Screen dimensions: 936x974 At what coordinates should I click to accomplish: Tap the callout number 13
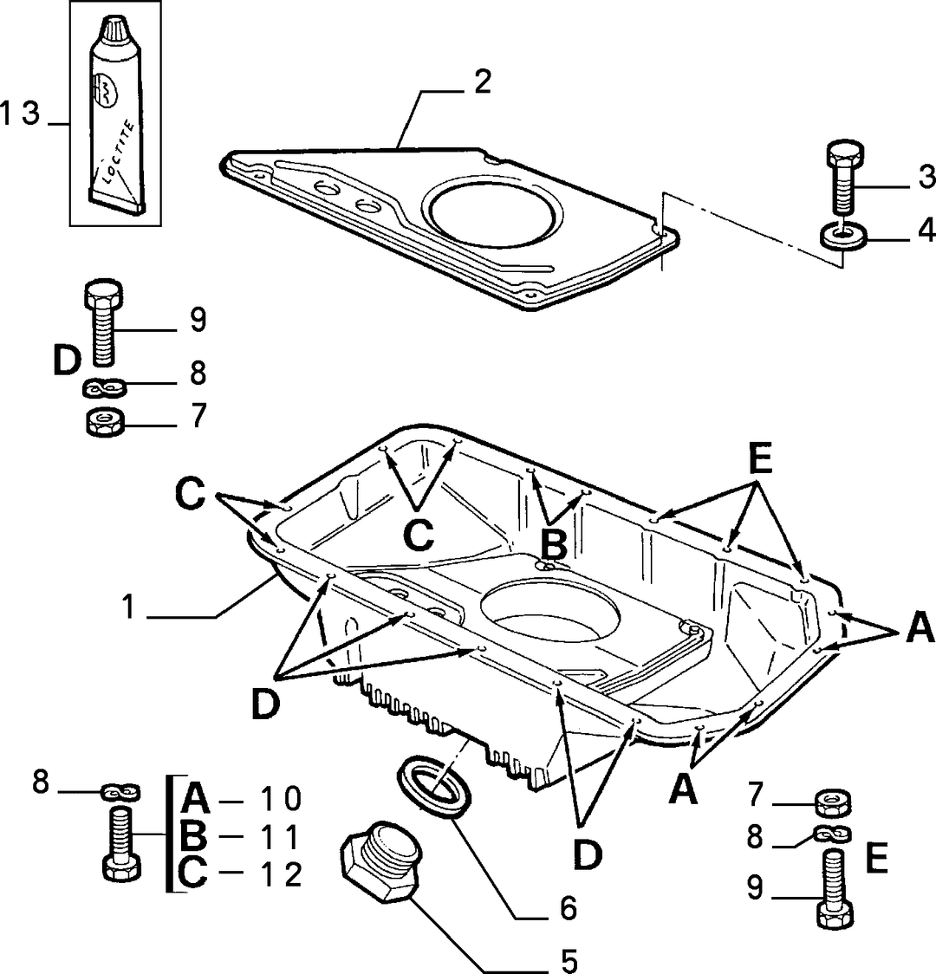(x=20, y=114)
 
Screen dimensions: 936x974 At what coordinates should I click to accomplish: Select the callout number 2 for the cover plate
(x=482, y=82)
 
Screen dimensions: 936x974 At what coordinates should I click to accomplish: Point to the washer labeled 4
(x=844, y=237)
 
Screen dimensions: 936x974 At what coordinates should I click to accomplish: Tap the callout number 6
(x=569, y=908)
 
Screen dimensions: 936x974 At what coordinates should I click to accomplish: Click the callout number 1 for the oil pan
(x=128, y=607)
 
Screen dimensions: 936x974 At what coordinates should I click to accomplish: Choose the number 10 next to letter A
(x=279, y=799)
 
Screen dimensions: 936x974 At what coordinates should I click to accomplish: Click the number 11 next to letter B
(x=279, y=837)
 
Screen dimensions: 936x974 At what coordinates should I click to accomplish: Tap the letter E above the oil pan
(x=759, y=459)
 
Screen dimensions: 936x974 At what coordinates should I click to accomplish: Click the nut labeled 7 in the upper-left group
(x=104, y=423)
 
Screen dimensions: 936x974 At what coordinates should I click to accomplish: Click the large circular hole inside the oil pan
(x=549, y=611)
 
